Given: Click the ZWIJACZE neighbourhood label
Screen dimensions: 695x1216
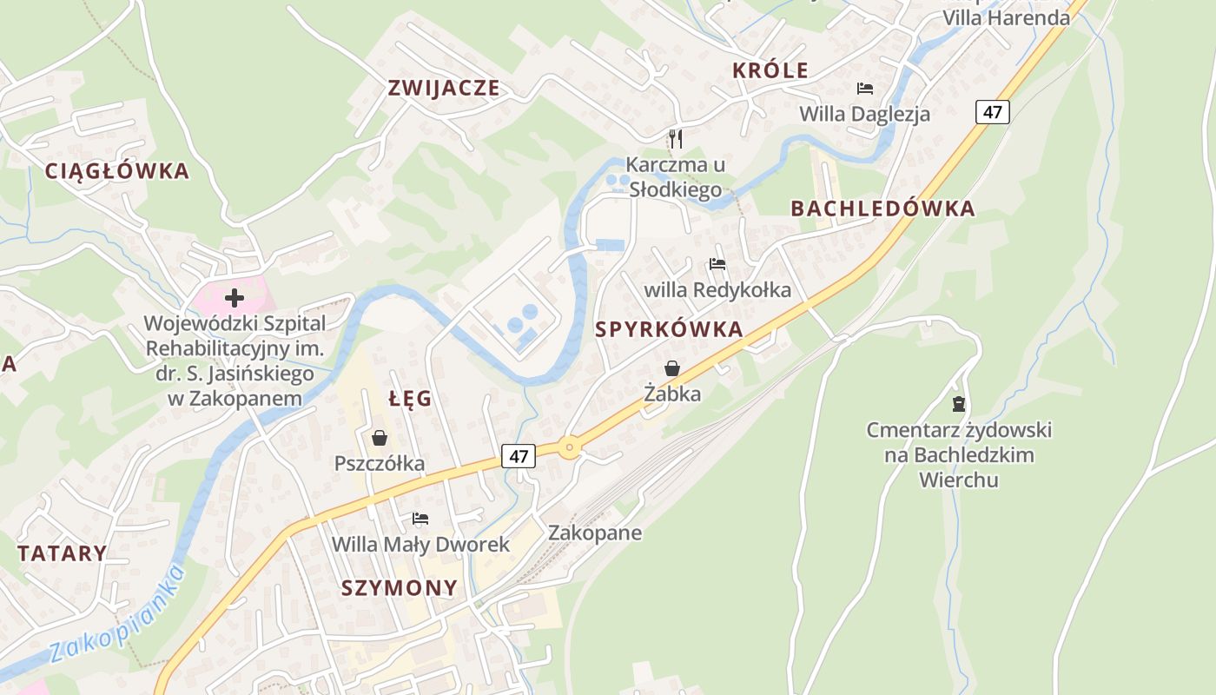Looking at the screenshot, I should click(x=444, y=88).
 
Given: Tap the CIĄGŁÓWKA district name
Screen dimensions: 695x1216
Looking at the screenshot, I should click(x=117, y=171).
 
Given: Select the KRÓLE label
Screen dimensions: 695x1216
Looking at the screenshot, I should click(x=770, y=71).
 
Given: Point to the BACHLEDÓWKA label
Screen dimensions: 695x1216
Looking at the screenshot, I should click(x=882, y=208).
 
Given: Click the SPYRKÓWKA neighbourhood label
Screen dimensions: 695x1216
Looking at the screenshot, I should click(x=669, y=329).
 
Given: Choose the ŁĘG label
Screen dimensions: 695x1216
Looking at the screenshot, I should click(x=410, y=399).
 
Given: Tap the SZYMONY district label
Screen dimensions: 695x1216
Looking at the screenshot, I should click(x=399, y=588).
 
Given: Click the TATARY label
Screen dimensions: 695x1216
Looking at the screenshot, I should click(x=63, y=553).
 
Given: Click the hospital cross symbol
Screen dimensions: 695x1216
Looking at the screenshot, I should click(x=234, y=299).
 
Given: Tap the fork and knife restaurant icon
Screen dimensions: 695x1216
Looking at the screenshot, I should click(x=676, y=138).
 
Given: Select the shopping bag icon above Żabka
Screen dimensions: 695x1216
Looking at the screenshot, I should click(x=671, y=368).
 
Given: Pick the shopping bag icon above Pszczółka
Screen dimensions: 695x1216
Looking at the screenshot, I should click(x=379, y=437).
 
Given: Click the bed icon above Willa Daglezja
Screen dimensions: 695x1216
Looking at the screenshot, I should click(x=864, y=89).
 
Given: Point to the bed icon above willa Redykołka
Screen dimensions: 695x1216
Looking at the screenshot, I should click(x=717, y=263).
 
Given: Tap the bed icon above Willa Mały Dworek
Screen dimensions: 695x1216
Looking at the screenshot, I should click(x=420, y=519).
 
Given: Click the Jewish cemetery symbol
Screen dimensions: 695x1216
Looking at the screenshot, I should click(x=959, y=403).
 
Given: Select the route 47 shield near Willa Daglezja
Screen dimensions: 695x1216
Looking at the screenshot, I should click(x=992, y=111).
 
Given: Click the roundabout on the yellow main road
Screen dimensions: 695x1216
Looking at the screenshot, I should click(x=569, y=448).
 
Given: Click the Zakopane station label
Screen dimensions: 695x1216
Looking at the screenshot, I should click(x=595, y=533).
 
